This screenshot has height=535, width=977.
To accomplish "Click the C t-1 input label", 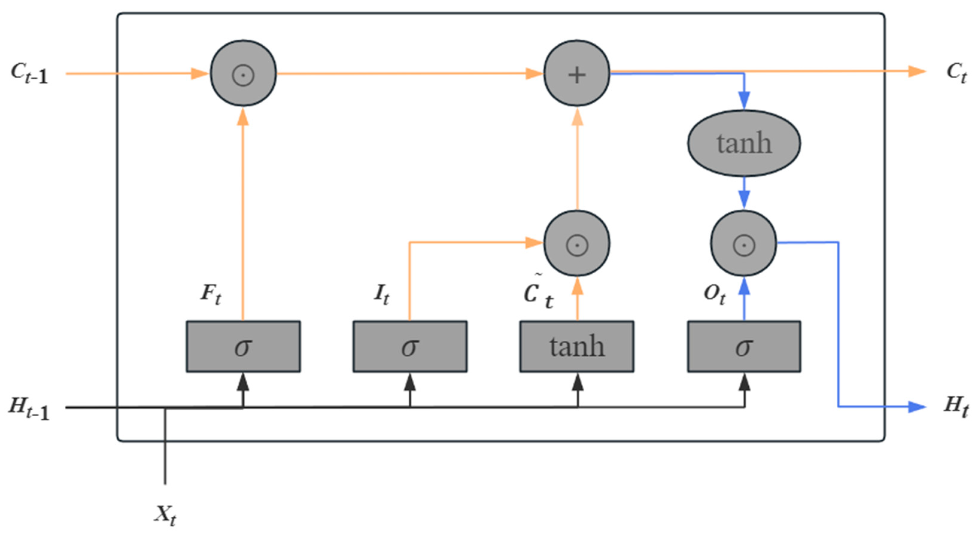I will pyautogui.click(x=30, y=74).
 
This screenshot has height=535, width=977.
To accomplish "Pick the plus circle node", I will pyautogui.click(x=577, y=73).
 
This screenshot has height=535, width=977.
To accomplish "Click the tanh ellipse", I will pyautogui.click(x=744, y=143).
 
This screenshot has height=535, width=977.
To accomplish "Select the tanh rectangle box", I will pyautogui.click(x=577, y=346).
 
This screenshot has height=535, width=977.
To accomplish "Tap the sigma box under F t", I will pyautogui.click(x=243, y=346).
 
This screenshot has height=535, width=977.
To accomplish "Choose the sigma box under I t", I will pyautogui.click(x=410, y=346).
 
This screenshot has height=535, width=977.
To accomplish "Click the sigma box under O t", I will pyautogui.click(x=744, y=346).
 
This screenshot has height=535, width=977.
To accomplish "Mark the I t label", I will pyautogui.click(x=381, y=294).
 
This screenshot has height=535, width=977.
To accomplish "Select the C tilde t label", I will pyautogui.click(x=538, y=294).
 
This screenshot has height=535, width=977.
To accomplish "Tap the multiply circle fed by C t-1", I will pyautogui.click(x=243, y=73).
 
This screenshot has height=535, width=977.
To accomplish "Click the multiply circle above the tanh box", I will pyautogui.click(x=577, y=243).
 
